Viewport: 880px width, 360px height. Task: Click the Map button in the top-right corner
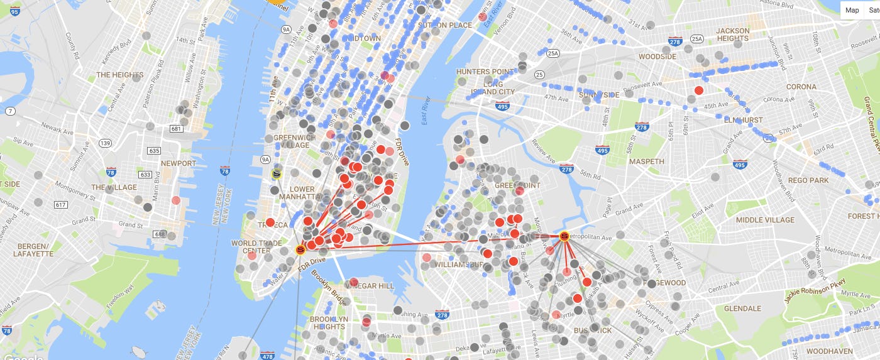tap(852, 10)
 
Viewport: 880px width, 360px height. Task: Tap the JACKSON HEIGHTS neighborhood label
tap(732, 35)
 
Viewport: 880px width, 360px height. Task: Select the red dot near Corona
tap(698, 90)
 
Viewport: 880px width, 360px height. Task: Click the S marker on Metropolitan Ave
tap(564, 236)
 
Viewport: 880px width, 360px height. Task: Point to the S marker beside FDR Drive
tap(301, 250)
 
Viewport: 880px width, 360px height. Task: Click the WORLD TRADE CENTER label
tap(252, 247)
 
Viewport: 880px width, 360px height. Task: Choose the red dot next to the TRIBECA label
tap(270, 222)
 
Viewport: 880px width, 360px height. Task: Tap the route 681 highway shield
tap(176, 129)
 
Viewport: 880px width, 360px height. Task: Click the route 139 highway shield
tap(104, 144)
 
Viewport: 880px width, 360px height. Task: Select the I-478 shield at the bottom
tap(267, 356)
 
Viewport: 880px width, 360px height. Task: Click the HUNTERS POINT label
tap(485, 72)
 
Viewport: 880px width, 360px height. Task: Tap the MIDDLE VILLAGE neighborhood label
tap(765, 220)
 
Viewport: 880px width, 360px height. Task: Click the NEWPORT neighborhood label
tap(179, 163)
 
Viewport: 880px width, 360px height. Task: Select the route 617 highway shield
tap(61, 205)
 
